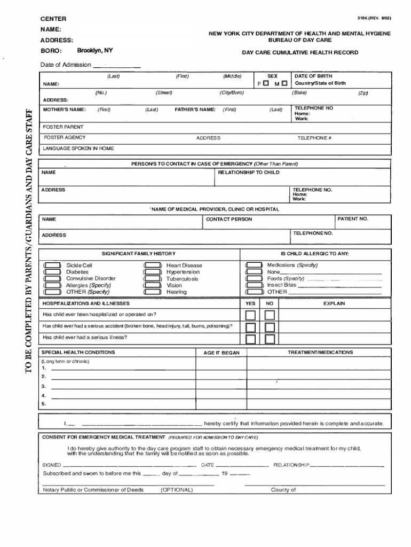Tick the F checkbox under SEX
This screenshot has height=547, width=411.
pyautogui.click(x=266, y=84)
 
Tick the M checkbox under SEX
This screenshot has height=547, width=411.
pyautogui.click(x=284, y=84)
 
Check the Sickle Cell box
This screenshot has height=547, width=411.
pyautogui.click(x=52, y=265)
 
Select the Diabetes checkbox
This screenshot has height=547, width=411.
pyautogui.click(x=52, y=272)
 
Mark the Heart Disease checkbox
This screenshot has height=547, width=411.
pyautogui.click(x=153, y=265)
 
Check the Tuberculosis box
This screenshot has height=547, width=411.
pyautogui.click(x=153, y=279)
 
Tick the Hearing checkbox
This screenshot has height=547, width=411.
pyautogui.click(x=153, y=292)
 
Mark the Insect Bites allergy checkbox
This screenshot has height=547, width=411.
pyautogui.click(x=254, y=285)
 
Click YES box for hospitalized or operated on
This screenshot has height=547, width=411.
pyautogui.click(x=250, y=315)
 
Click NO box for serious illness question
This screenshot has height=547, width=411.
pyautogui.click(x=270, y=339)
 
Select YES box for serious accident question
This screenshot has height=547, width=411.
pyautogui.click(x=250, y=327)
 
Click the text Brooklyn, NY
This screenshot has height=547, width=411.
pyautogui.click(x=95, y=50)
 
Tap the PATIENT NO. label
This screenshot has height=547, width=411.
pyautogui.click(x=353, y=219)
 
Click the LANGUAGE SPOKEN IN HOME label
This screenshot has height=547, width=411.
pyautogui.click(x=78, y=149)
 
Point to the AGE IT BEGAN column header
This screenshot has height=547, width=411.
pyautogui.click(x=222, y=353)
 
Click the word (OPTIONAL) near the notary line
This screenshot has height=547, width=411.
pyautogui.click(x=177, y=490)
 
